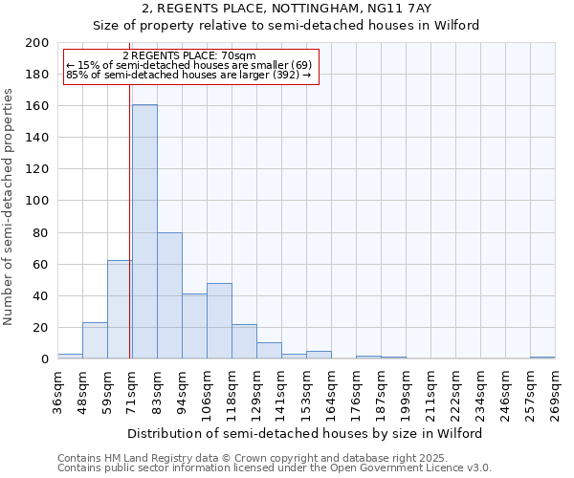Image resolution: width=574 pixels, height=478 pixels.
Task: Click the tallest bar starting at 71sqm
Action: pos(144,231)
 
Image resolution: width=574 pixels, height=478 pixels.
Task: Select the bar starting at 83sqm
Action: pos(169,295)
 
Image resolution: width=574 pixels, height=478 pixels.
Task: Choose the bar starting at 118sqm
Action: pos(244,341)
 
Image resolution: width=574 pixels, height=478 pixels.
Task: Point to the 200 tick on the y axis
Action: pos(37,43)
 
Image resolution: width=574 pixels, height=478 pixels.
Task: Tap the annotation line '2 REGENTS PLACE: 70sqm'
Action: pos(189,56)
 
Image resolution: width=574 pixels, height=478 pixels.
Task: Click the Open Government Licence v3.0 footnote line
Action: pos(274,468)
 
